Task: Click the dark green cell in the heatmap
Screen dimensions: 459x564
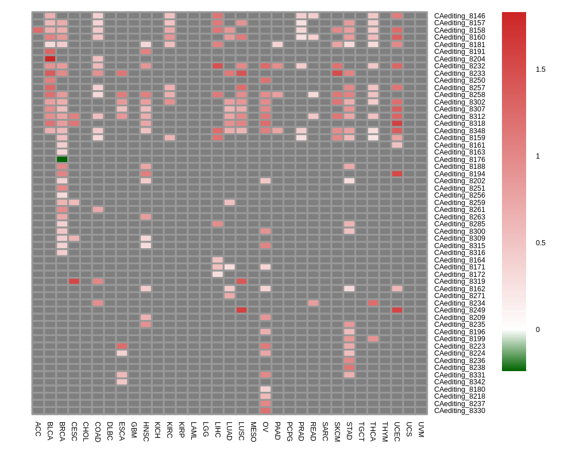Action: coord(62,159)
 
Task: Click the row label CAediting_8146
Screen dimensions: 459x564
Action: coord(459,16)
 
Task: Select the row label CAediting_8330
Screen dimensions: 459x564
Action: coord(459,411)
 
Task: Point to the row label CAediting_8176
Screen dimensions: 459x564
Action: coord(459,160)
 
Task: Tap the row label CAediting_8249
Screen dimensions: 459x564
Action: coord(459,310)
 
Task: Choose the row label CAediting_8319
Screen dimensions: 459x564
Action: coord(459,281)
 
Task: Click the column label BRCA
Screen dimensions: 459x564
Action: coord(62,431)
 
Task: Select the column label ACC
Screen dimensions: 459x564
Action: coord(38,429)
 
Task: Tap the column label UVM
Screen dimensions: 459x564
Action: coord(421,429)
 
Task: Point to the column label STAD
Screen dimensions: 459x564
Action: coord(349,431)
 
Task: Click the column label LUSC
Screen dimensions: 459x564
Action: coord(241,431)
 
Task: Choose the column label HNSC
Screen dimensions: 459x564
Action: coord(146,431)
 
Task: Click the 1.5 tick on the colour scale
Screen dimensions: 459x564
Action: coord(540,70)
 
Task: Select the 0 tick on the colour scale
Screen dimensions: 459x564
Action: coord(538,330)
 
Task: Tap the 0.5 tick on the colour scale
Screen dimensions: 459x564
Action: coord(540,243)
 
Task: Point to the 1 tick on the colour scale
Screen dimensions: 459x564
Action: coord(538,156)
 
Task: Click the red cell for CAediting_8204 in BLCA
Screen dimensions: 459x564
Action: coord(50,59)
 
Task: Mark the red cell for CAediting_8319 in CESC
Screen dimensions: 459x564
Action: coord(74,281)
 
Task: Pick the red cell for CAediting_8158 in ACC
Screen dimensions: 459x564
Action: coord(38,30)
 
